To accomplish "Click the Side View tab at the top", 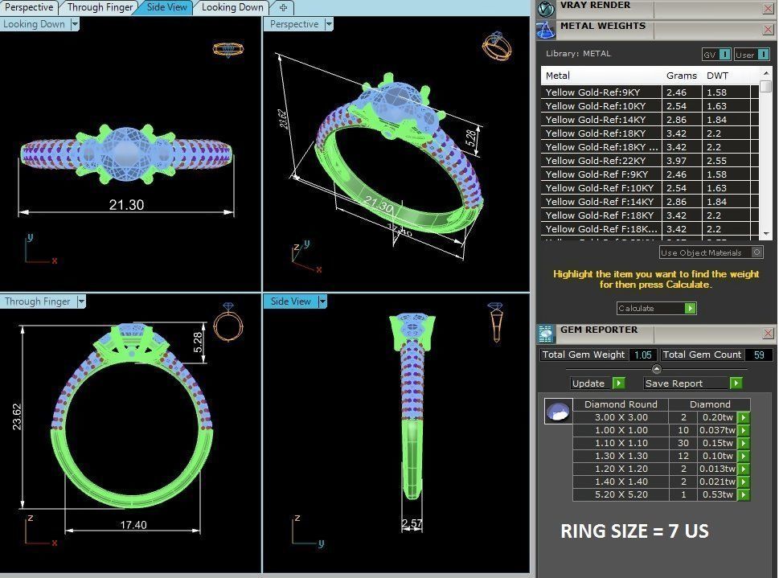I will (167, 7).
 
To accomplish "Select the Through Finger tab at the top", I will (100, 7).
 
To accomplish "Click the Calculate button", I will (655, 309).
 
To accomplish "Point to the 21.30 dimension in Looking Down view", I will (126, 205).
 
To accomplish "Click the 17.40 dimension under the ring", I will (133, 524).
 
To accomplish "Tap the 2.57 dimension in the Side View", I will (412, 524).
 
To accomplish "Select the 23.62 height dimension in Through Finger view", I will (17, 416).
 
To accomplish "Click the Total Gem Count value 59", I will (759, 355).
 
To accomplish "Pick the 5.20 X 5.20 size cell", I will (620, 494).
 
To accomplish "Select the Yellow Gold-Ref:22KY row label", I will (596, 161).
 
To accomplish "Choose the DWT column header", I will (717, 76).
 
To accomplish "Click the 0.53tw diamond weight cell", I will (715, 494).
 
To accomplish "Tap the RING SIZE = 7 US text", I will (634, 531).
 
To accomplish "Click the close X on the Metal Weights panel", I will (767, 29).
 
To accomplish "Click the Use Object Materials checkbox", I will (756, 252).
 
